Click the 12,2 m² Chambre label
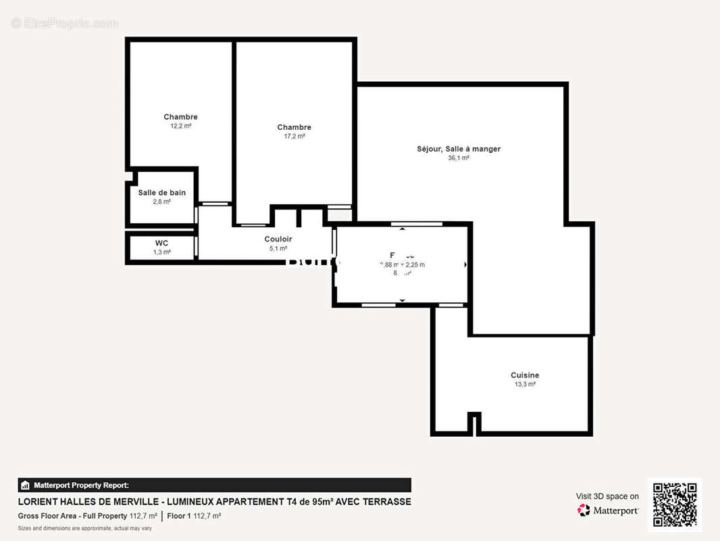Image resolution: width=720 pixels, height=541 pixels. click(180, 117)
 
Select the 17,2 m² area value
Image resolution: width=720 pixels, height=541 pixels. click(294, 136)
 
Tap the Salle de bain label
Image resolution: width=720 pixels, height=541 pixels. click(161, 193)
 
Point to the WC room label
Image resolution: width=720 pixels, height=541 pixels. click(161, 243)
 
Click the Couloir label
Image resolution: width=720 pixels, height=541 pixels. click(278, 239)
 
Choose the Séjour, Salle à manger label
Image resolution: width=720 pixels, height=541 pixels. click(459, 149)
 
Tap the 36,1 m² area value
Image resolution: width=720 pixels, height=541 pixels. click(459, 158)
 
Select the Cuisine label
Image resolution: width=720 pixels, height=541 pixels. click(525, 375)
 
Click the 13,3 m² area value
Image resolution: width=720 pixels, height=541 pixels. click(525, 384)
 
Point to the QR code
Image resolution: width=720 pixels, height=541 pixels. click(675, 504)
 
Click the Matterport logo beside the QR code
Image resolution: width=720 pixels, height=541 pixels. click(608, 511)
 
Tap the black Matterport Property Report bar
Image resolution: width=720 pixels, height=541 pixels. click(214, 485)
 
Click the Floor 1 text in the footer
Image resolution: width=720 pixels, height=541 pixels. click(179, 516)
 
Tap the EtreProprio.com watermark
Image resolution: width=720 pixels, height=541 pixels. click(65, 24)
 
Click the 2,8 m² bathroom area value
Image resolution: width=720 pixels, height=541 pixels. click(161, 202)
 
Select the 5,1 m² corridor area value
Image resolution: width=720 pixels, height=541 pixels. click(278, 248)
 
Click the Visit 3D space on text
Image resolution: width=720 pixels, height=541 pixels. click(607, 496)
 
